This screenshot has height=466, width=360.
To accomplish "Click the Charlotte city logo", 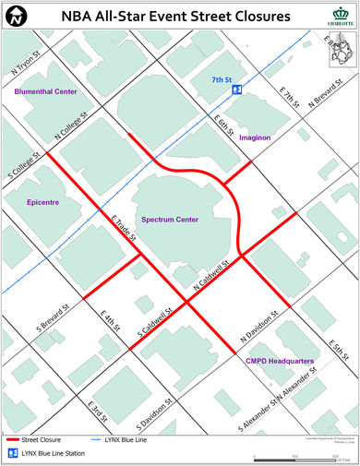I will (x=340, y=16).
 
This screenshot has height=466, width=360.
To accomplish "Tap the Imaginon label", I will (x=254, y=137).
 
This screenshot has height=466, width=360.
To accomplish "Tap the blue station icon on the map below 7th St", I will (x=237, y=90).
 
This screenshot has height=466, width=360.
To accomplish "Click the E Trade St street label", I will (x=124, y=228).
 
